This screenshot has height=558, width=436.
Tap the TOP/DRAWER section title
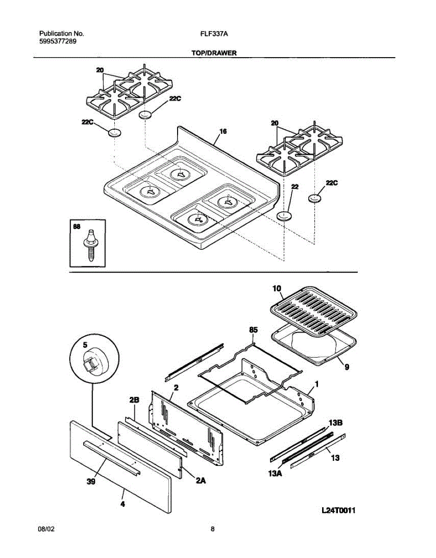(x=214, y=53)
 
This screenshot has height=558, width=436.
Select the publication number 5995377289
(x=58, y=41)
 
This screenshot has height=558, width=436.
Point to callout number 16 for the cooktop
(x=223, y=132)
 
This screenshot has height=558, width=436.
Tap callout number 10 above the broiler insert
(x=277, y=289)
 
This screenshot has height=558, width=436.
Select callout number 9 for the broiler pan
(x=346, y=366)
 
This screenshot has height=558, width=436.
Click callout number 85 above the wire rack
(x=253, y=330)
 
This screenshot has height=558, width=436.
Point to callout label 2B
(x=134, y=400)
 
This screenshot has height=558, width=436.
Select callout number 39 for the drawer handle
(x=91, y=482)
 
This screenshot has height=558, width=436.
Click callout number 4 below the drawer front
(x=123, y=503)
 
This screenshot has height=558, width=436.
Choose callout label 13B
(x=335, y=423)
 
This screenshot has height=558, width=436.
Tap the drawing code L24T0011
(x=338, y=511)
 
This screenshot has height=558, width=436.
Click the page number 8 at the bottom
(x=212, y=529)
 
